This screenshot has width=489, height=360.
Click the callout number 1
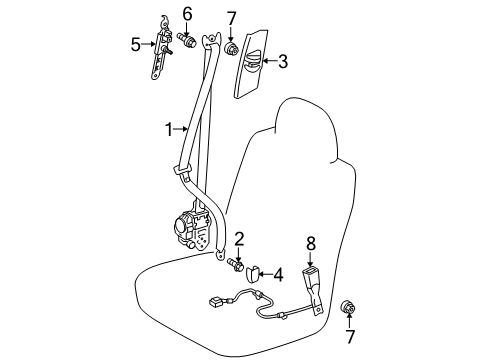point(169,130)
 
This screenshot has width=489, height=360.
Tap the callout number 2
point(239,239)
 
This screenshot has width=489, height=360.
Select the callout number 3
point(283,61)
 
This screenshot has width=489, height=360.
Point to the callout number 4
point(278,275)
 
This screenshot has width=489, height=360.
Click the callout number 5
point(136,45)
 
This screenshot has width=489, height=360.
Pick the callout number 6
point(187,15)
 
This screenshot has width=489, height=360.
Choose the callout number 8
point(310,244)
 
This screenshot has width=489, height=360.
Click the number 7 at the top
point(231,19)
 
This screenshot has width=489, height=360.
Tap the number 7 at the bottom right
point(350,336)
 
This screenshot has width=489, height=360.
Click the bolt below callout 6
point(187,40)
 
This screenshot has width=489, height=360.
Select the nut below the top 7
point(231,49)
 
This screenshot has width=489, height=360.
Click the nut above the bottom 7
point(348,307)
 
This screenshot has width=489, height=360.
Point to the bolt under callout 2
point(235,264)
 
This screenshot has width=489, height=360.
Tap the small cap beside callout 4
point(252,272)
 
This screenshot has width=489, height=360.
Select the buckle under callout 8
point(313,288)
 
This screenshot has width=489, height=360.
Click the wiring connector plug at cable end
point(216,302)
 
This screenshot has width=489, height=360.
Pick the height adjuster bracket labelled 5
point(161,48)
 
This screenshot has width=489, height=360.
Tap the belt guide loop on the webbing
point(183,170)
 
